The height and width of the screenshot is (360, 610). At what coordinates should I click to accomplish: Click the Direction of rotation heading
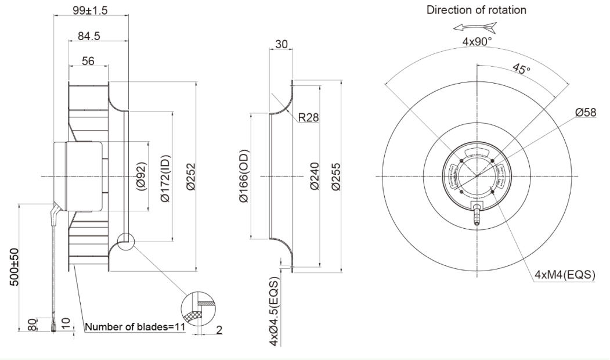[x=477, y=10]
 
